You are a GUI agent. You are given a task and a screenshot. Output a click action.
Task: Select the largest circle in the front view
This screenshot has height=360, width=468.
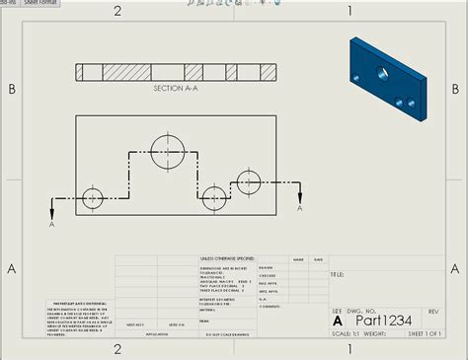[x=169, y=149]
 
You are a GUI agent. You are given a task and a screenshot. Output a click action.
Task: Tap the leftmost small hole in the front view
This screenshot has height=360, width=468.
[x=93, y=197]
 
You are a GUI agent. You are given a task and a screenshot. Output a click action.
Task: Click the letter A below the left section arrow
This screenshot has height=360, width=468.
[x=51, y=223]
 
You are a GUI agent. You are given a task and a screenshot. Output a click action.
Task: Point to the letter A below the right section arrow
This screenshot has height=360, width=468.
[x=300, y=208]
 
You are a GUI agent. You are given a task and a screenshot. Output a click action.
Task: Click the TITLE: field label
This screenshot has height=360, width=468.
[x=337, y=274]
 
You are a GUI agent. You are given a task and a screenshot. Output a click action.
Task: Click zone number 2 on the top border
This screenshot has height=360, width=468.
[x=117, y=11]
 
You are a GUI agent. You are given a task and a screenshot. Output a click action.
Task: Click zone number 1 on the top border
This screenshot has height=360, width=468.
[x=350, y=11]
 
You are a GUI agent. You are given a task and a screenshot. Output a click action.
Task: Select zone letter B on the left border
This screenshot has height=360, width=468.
[x=12, y=89]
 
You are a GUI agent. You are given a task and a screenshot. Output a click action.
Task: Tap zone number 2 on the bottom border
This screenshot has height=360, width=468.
[x=117, y=348]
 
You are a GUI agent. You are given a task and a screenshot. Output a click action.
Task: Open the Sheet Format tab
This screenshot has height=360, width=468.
[x=40, y=3]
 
